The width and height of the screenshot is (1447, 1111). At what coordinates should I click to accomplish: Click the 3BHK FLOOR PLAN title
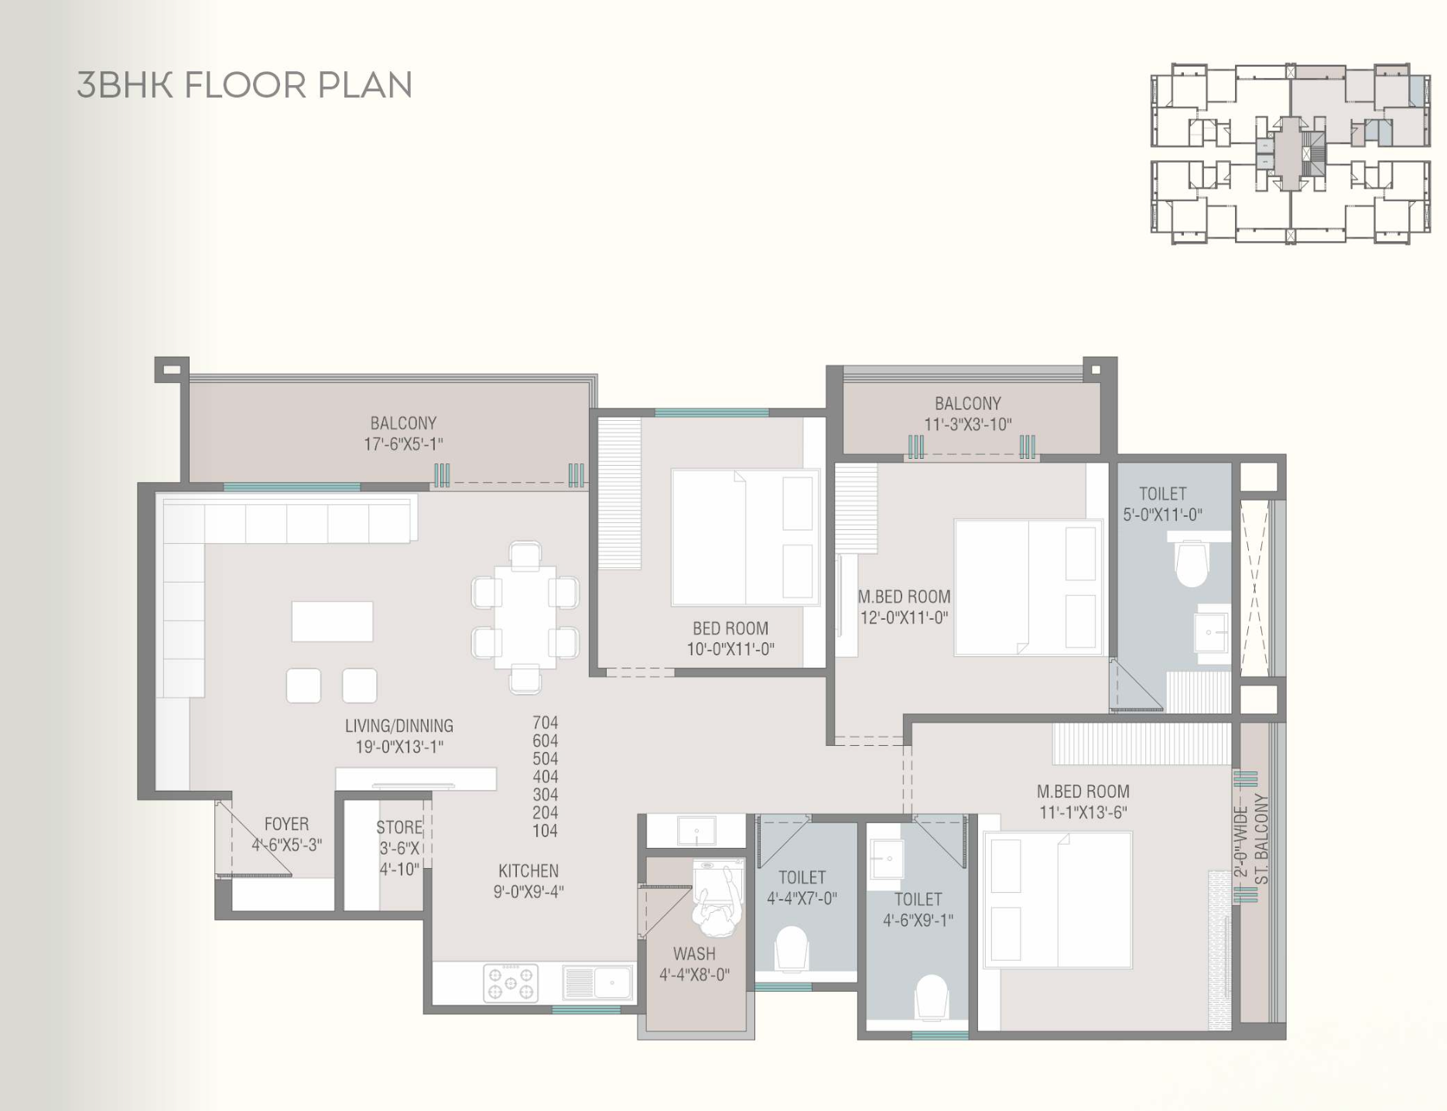tap(245, 85)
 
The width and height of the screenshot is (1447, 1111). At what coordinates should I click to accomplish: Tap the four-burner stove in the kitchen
tap(511, 983)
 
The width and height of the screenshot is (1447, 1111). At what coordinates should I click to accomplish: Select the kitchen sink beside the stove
tap(597, 983)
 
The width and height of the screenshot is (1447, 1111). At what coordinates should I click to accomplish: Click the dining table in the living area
tap(525, 617)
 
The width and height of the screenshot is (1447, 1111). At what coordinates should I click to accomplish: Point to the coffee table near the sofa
tap(332, 621)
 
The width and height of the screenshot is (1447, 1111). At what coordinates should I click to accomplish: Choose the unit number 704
tap(545, 723)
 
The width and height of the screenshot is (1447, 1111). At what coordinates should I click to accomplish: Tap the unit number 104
tap(545, 831)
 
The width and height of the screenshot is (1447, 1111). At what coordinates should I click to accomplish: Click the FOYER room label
tap(286, 824)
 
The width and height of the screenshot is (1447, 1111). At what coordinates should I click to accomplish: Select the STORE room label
tap(399, 827)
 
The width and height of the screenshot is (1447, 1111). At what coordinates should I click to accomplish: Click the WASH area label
tap(694, 954)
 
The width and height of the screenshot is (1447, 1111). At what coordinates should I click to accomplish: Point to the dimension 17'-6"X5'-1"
tap(403, 444)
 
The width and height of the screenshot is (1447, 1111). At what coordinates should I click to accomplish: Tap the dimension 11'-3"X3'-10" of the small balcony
tap(967, 425)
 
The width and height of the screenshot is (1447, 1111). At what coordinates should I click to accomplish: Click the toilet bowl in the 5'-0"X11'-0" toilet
tap(1192, 563)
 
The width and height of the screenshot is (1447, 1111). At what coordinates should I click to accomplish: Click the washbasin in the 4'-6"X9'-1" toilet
tap(886, 858)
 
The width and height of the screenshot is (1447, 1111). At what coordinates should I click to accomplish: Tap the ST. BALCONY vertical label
tap(1261, 839)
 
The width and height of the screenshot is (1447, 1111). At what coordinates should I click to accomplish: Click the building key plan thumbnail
tap(1291, 153)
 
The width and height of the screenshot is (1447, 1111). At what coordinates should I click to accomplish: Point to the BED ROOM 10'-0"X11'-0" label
tap(730, 639)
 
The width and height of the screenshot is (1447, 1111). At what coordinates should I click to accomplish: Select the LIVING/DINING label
tap(399, 726)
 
